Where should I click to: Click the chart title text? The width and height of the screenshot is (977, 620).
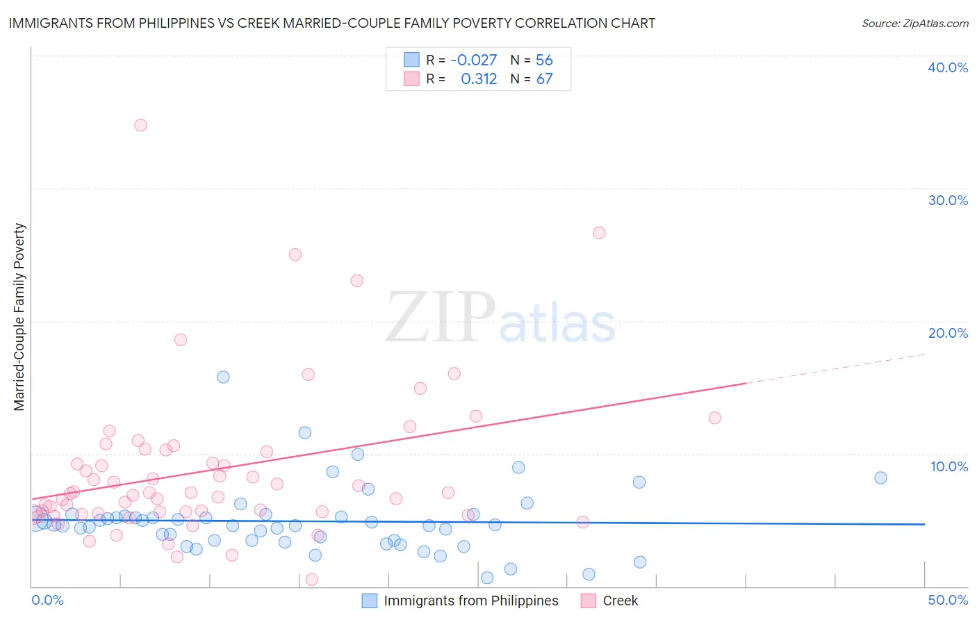(x=331, y=23)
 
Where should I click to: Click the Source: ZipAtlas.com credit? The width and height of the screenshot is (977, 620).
(x=914, y=24)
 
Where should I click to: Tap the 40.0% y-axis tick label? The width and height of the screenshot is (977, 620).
(x=948, y=67)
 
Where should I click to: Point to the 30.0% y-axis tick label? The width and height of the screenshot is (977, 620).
(x=948, y=200)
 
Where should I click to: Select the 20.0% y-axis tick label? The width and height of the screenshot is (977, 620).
(x=948, y=333)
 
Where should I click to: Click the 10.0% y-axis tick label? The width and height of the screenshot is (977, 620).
(x=949, y=466)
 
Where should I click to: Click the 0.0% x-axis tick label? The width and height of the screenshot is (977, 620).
(x=48, y=600)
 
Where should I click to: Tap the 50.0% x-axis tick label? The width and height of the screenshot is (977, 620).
(x=948, y=600)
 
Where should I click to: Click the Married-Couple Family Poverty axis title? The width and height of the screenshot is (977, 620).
(x=19, y=317)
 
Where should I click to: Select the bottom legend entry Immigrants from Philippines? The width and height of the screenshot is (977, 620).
(x=470, y=601)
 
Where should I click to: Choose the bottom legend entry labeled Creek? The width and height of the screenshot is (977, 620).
(x=620, y=601)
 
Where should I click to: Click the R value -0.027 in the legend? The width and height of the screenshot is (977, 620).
(x=473, y=60)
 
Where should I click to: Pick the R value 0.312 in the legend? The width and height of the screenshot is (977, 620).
(x=479, y=79)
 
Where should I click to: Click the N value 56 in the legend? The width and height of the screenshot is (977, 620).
(x=544, y=60)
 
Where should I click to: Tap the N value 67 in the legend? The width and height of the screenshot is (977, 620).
(x=544, y=79)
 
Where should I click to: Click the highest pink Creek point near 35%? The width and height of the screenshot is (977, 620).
(x=140, y=125)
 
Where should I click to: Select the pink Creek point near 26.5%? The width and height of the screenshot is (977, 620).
(x=599, y=233)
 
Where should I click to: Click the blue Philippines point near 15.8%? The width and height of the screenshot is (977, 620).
(x=223, y=377)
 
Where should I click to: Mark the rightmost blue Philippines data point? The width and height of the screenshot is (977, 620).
(x=880, y=478)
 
